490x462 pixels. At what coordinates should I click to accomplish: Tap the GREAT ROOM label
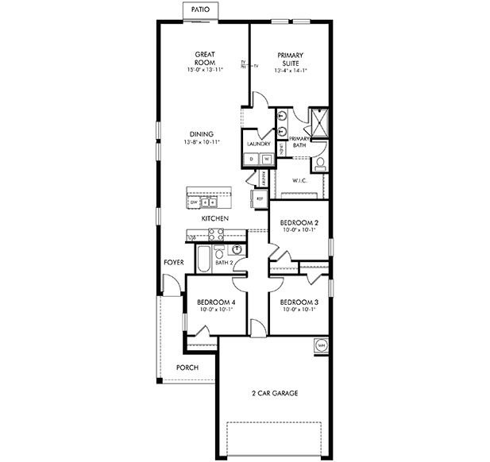tap(205, 59)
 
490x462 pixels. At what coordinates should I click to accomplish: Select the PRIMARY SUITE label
tap(290, 59)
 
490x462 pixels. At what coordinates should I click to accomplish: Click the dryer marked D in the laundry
tap(252, 159)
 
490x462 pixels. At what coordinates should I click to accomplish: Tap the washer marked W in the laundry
tap(266, 159)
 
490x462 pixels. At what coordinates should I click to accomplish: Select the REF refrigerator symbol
tap(259, 198)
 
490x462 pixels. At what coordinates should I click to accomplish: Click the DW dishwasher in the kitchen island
tap(195, 202)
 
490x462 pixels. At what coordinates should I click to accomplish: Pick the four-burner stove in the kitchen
tap(216, 233)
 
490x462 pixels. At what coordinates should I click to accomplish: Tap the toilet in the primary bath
tap(319, 164)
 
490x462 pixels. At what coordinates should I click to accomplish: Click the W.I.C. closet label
tap(299, 180)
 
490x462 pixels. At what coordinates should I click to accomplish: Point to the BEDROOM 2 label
tap(299, 223)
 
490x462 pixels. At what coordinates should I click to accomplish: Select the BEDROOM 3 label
tap(299, 302)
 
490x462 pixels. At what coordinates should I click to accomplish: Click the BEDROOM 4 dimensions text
tap(214, 310)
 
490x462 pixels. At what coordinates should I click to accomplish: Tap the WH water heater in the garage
tap(321, 345)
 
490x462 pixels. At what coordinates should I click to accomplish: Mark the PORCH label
tap(187, 368)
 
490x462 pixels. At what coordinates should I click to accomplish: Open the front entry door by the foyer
tap(168, 283)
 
